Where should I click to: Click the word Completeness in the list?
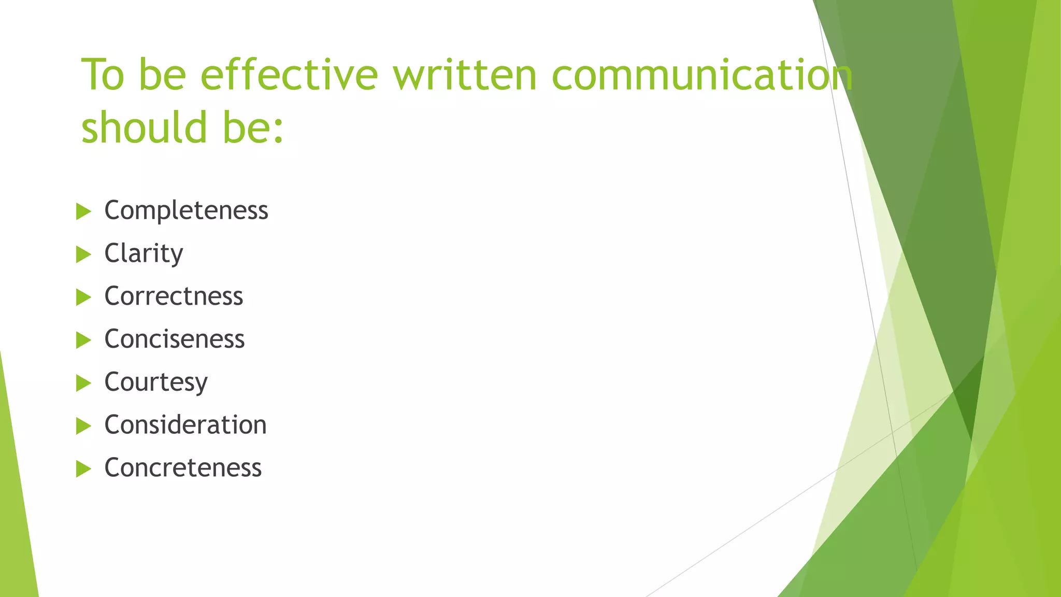(x=186, y=210)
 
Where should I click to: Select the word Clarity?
(x=144, y=253)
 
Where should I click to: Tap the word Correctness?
(x=174, y=296)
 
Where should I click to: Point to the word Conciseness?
(x=174, y=339)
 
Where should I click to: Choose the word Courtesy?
(x=156, y=382)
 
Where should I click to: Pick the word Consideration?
(x=185, y=425)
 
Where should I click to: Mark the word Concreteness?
(x=183, y=468)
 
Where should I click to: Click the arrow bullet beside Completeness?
(x=83, y=211)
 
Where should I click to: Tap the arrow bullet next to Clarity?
(x=83, y=254)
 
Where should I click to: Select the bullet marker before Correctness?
(x=83, y=297)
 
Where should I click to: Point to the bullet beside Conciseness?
(x=83, y=340)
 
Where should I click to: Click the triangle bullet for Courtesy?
(x=83, y=383)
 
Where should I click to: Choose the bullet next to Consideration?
(x=83, y=426)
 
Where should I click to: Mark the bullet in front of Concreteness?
(x=83, y=469)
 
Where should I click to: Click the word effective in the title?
(x=289, y=75)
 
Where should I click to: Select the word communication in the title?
(x=702, y=75)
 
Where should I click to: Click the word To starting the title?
(x=103, y=75)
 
